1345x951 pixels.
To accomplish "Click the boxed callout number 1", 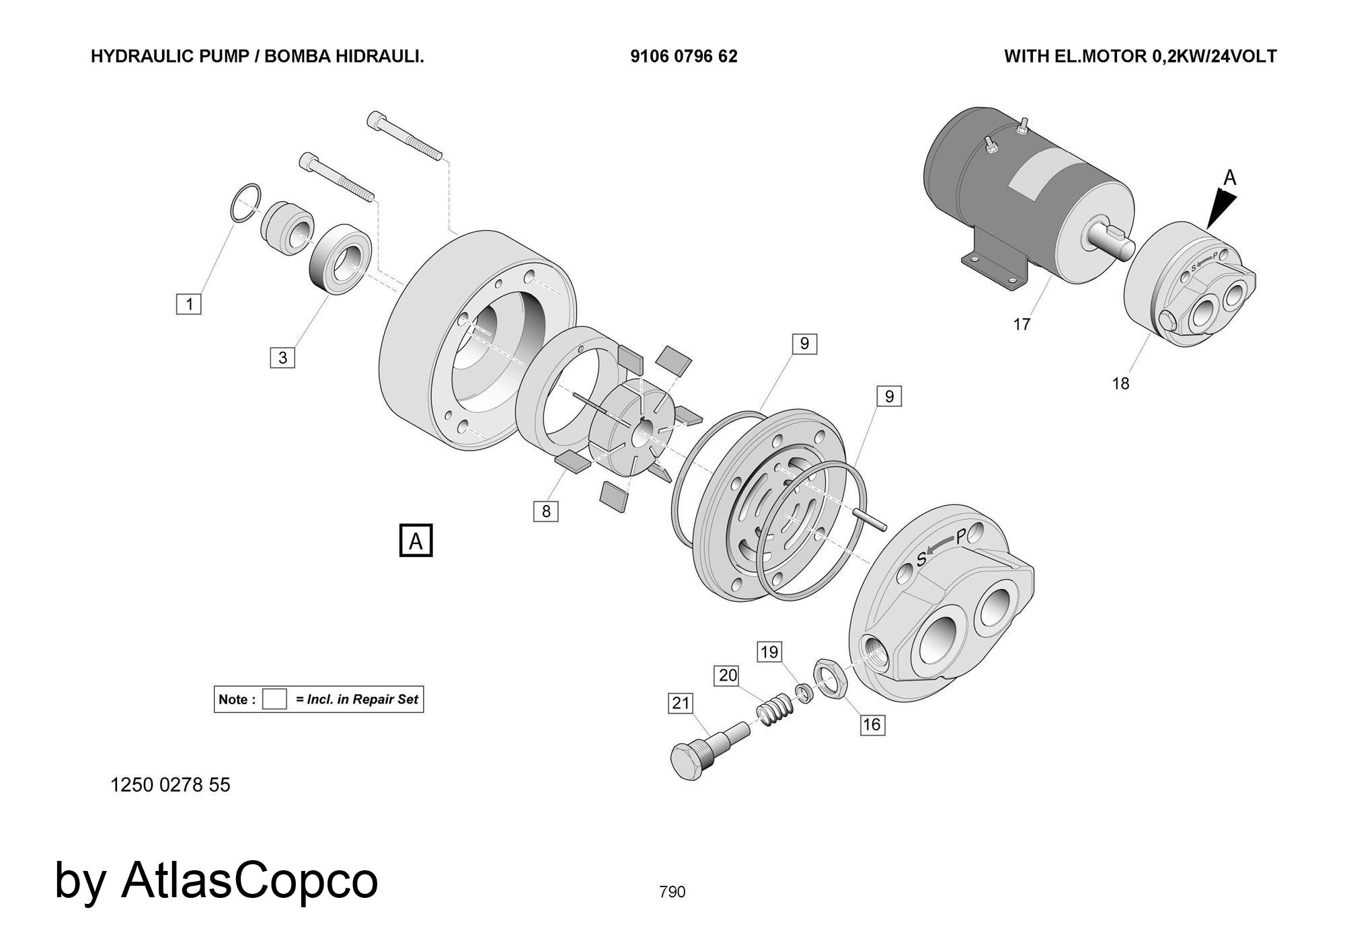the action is (x=189, y=304).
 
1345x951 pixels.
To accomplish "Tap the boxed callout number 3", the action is (x=282, y=357).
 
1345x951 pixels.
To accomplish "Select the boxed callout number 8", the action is (x=546, y=511).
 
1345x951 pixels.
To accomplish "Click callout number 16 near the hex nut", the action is (x=872, y=724).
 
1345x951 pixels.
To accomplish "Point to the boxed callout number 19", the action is (x=769, y=652).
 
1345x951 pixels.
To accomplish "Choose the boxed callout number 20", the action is (x=728, y=675).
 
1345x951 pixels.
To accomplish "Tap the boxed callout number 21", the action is (x=681, y=703).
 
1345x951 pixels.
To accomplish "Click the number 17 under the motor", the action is (x=1022, y=325).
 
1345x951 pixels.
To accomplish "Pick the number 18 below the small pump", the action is (x=1120, y=383).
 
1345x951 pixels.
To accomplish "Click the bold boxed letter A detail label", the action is (x=416, y=541).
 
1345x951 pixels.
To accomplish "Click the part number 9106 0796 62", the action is (x=684, y=56).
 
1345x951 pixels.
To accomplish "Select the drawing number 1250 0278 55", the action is (x=170, y=785).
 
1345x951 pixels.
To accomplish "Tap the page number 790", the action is (x=672, y=892).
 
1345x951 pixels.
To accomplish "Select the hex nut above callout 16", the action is (x=831, y=679).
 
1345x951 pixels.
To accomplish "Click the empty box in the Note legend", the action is (x=274, y=699).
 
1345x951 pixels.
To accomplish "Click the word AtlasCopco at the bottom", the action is (x=249, y=880).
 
